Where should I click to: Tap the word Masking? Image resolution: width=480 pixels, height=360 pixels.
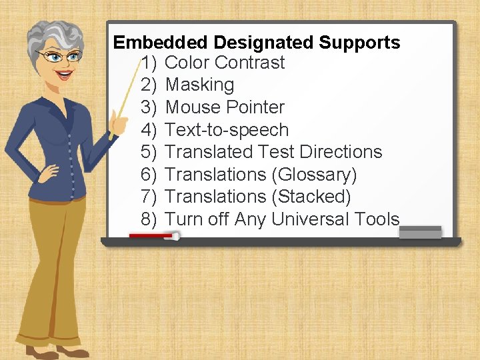[199, 85]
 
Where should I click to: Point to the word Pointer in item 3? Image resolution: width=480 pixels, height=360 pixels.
[256, 107]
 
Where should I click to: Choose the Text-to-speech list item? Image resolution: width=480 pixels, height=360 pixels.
[227, 130]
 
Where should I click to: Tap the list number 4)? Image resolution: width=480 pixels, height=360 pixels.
[149, 130]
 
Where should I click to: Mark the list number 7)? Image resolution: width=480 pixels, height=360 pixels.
[149, 197]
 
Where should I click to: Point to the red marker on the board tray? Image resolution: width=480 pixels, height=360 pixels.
[153, 235]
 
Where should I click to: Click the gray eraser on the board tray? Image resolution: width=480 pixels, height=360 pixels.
[420, 232]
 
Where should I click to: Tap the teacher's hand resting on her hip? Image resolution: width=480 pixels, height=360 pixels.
[48, 174]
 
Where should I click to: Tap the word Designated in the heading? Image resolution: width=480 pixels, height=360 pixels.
[264, 43]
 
